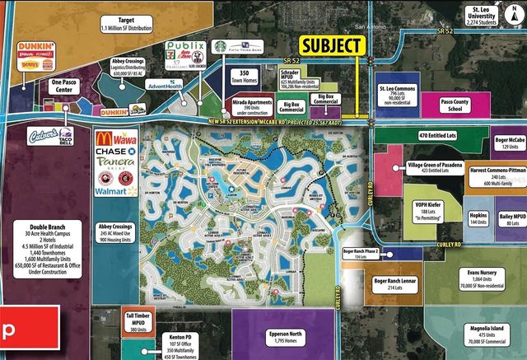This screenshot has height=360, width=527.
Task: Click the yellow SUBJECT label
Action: tap(331, 45)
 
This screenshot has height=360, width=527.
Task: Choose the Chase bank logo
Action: tap(114, 152)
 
